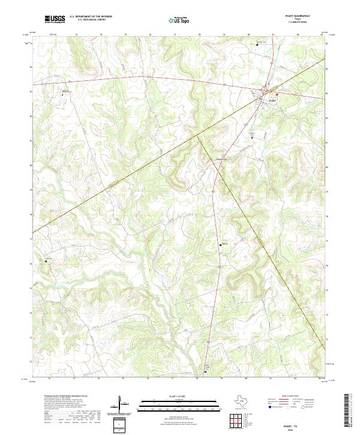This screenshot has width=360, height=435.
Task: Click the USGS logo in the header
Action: (55, 19)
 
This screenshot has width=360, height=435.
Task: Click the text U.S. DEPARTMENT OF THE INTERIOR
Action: (91, 17)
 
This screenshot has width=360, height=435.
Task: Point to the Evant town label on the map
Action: (272, 100)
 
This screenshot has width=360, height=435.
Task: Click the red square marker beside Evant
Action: (277, 94)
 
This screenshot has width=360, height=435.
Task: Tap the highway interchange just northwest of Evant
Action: (265, 91)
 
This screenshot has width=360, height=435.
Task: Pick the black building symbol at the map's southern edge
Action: (206, 372)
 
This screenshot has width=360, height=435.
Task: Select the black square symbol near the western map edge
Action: (47, 262)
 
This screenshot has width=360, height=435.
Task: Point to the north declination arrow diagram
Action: (124, 405)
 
